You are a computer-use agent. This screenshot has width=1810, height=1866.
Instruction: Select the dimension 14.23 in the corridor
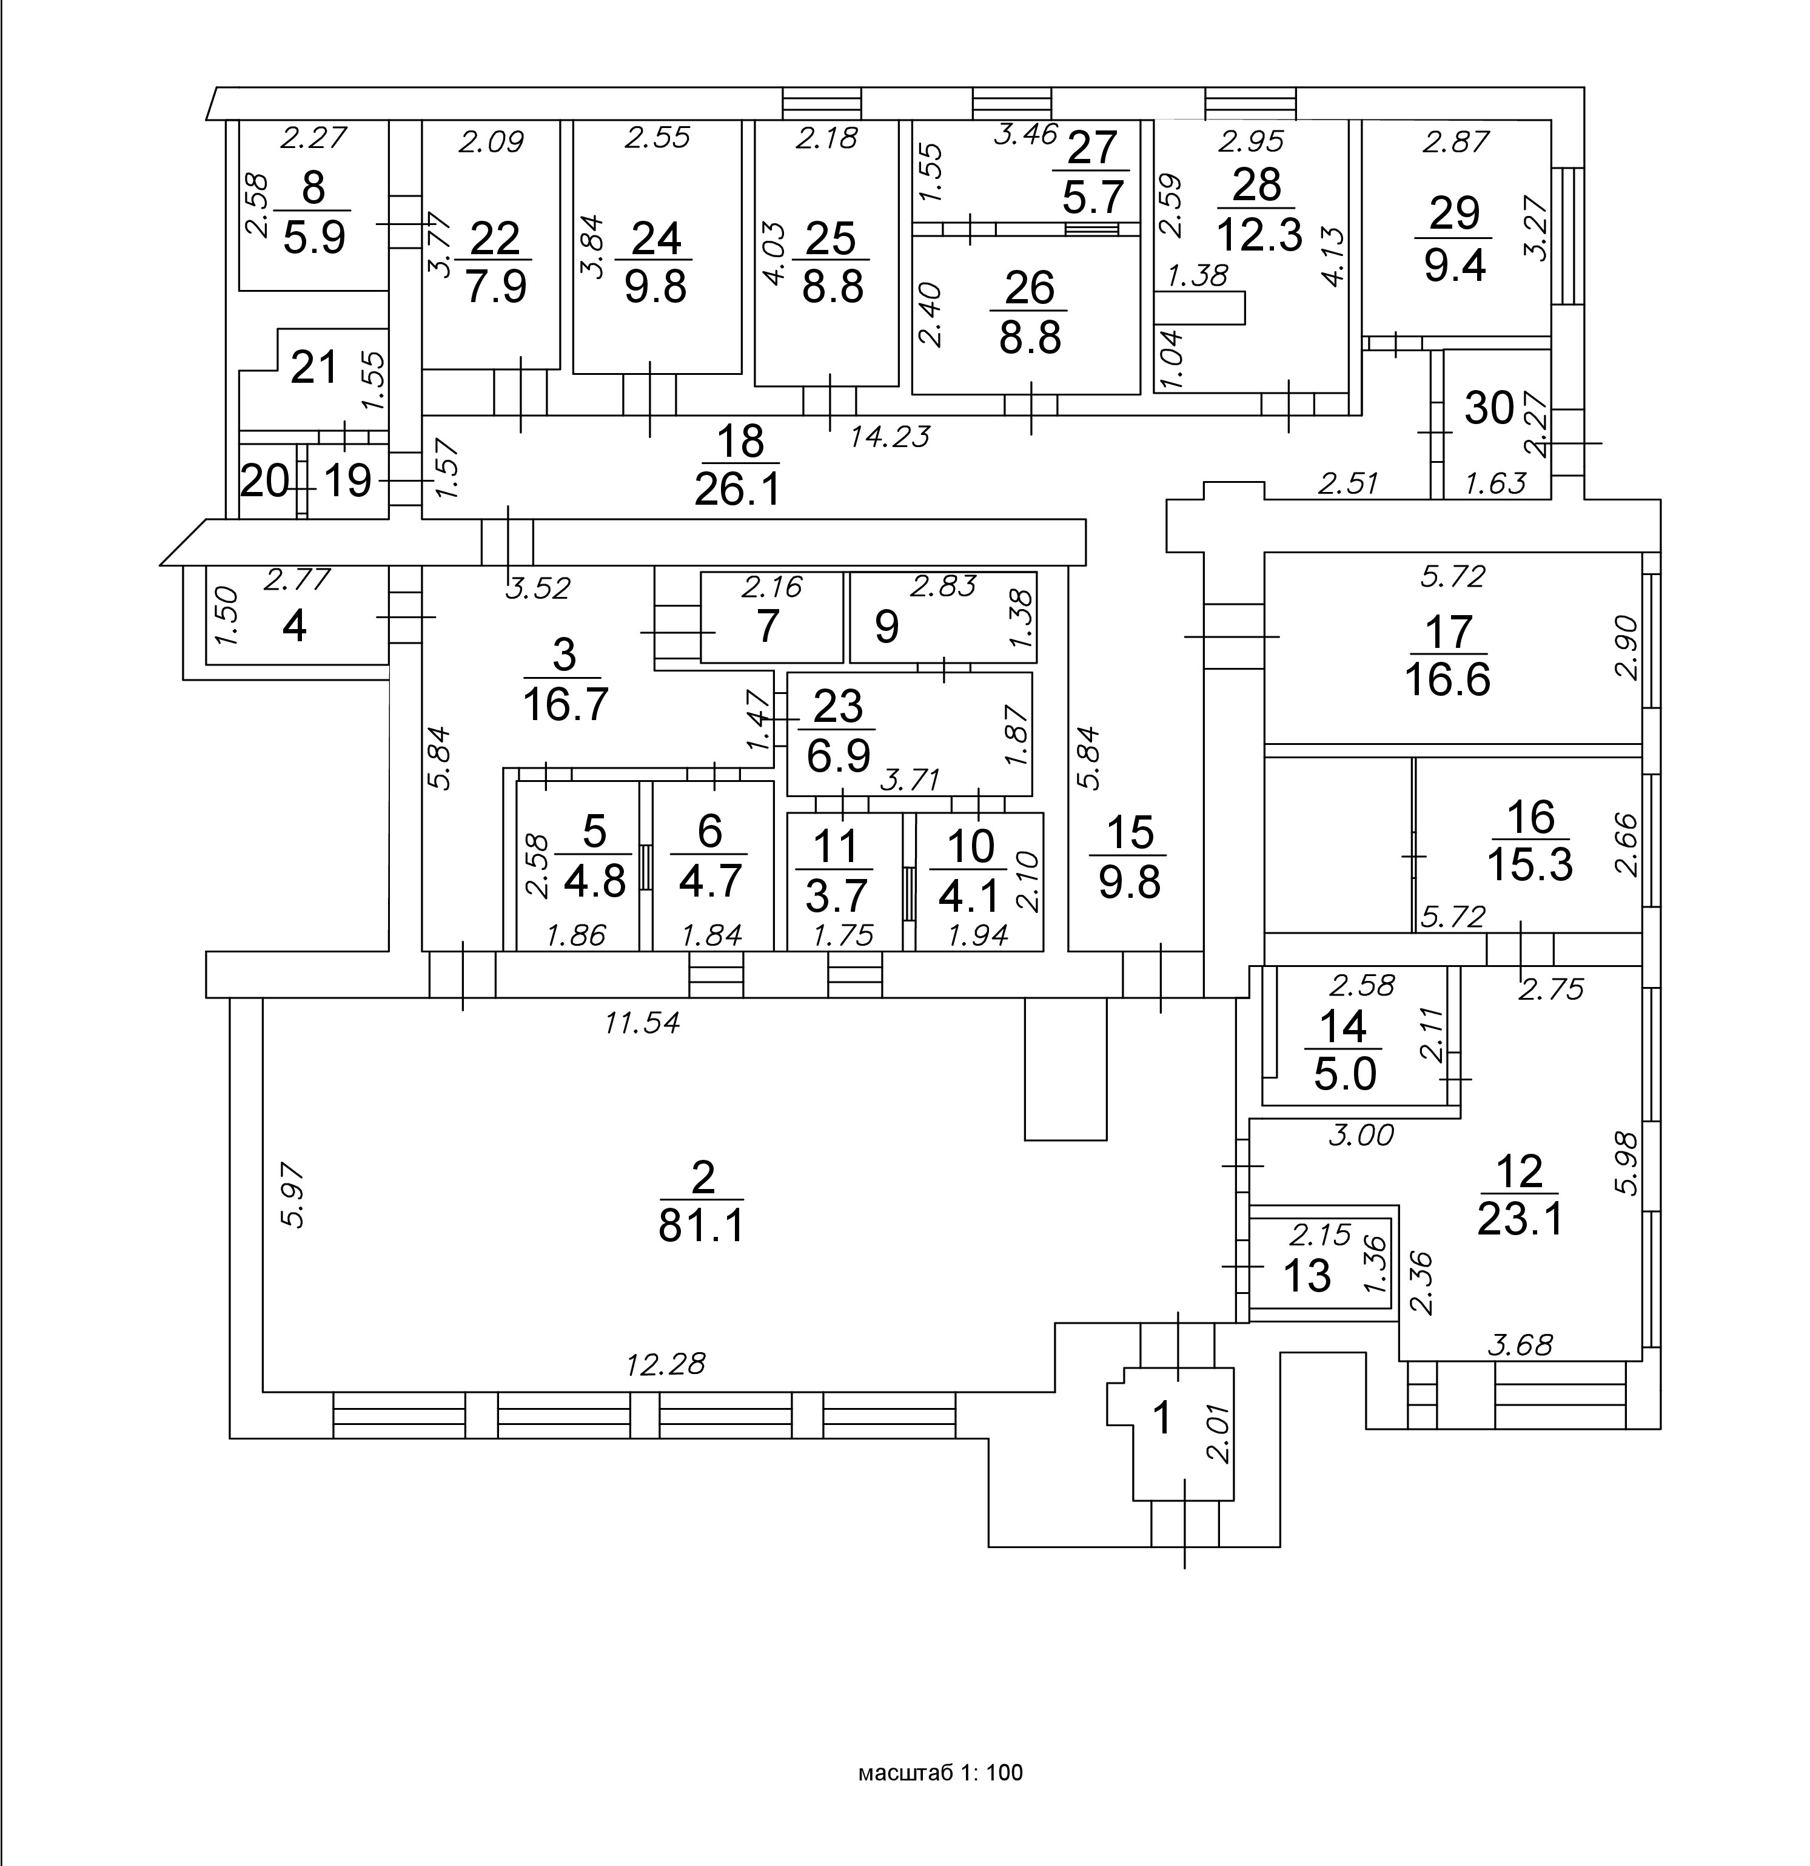click(889, 436)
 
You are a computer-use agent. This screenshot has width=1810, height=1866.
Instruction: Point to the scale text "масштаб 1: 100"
click(940, 1772)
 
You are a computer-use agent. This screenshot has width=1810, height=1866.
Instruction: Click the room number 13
click(1307, 1276)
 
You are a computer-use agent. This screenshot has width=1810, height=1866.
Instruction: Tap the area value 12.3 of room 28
click(1257, 233)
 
